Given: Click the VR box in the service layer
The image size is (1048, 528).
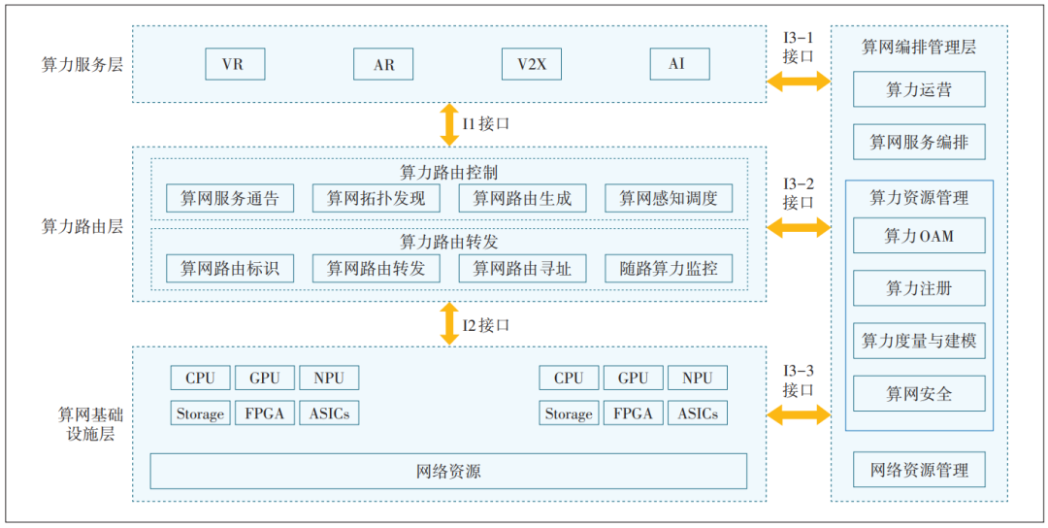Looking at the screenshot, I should (x=234, y=64).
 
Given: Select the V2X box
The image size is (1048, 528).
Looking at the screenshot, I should (x=532, y=64).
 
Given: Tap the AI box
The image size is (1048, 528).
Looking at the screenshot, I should (x=679, y=64).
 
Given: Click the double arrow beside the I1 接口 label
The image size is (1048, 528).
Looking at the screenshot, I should (x=448, y=124).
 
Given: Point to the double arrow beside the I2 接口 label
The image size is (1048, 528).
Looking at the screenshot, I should (x=448, y=323).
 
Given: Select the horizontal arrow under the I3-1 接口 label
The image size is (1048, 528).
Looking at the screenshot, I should (x=798, y=82).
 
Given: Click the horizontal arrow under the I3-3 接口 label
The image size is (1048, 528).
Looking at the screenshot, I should (x=798, y=415).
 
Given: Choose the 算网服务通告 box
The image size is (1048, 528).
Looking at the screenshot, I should (x=230, y=199).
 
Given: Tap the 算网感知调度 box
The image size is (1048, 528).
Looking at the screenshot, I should (x=669, y=199).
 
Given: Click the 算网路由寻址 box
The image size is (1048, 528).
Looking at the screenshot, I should (x=522, y=269).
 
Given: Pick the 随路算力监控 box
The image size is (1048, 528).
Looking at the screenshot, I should (x=669, y=269).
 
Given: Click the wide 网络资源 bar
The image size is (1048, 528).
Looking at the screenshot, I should (x=448, y=472).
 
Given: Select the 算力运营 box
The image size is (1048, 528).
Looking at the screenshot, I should (x=918, y=90).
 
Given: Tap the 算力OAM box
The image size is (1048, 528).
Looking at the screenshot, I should (x=918, y=236).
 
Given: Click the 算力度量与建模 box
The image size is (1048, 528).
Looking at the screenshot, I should (x=918, y=342).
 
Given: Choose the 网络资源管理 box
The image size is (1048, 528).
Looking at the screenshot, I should (x=918, y=470).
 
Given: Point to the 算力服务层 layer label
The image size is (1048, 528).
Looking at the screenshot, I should (x=82, y=65).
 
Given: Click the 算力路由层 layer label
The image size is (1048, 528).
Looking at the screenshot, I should (x=82, y=226).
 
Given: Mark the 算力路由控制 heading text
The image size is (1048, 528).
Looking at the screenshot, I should (x=448, y=173).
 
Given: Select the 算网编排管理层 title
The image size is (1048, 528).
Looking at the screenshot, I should (x=918, y=47).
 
